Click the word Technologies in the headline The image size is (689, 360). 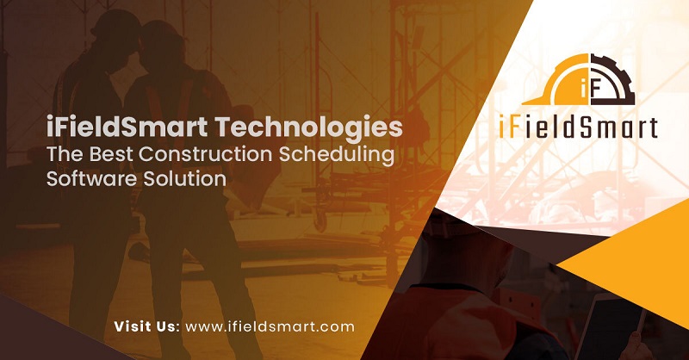point(309,128)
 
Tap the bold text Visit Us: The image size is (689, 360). point(146,326)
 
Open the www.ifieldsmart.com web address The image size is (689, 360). point(270,326)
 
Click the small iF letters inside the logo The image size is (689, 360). point(590,89)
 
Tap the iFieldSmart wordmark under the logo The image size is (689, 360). point(578,127)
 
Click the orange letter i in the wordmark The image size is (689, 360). point(502,127)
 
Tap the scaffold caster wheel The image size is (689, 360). point(321,221)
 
